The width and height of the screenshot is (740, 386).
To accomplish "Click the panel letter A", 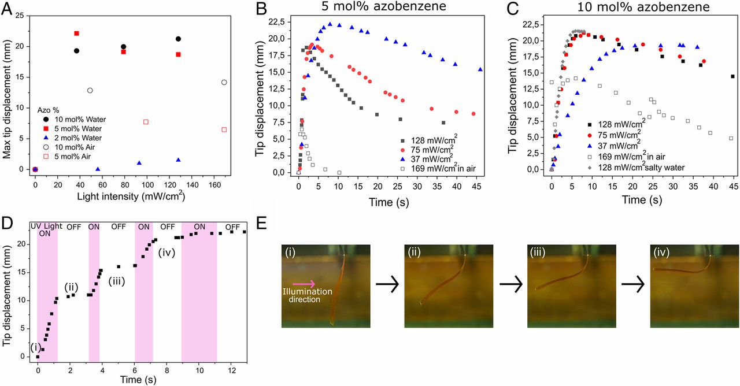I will pyautogui.click(x=8, y=8).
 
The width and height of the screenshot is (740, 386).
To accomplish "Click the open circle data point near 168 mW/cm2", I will pyautogui.click(x=224, y=82).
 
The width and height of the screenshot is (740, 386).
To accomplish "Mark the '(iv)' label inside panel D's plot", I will pyautogui.click(x=166, y=251).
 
